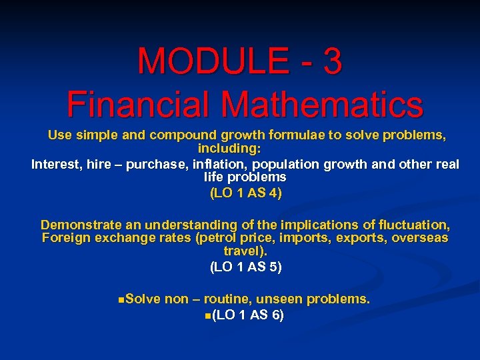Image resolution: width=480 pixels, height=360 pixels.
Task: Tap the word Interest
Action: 57,164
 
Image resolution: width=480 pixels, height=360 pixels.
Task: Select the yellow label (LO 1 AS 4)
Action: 246,193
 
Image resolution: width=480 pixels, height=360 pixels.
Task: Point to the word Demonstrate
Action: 83,225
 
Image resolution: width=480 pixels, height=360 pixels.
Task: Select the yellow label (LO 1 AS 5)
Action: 246,267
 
